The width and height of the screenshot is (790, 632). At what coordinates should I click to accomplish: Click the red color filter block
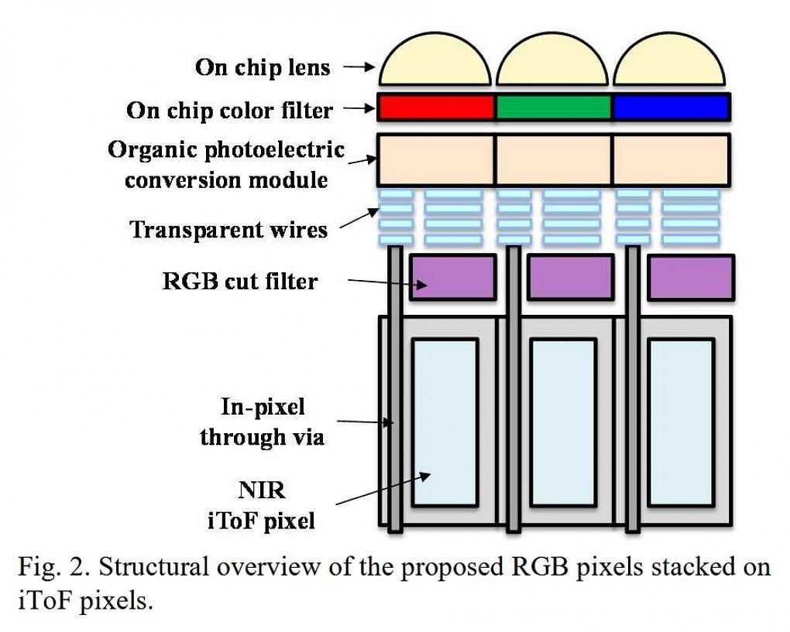pyautogui.click(x=436, y=108)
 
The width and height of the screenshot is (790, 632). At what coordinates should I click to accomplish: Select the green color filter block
pyautogui.click(x=553, y=108)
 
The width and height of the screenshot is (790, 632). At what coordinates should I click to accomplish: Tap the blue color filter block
pyautogui.click(x=671, y=108)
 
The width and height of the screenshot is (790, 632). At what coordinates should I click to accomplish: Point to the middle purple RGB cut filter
pyautogui.click(x=570, y=277)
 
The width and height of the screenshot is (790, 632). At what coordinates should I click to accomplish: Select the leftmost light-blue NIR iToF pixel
pyautogui.click(x=444, y=422)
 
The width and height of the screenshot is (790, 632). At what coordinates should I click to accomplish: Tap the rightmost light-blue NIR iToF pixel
pyautogui.click(x=680, y=422)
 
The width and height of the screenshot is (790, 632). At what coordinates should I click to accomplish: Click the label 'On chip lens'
pyautogui.click(x=263, y=67)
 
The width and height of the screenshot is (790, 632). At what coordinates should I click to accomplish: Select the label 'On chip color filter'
pyautogui.click(x=230, y=110)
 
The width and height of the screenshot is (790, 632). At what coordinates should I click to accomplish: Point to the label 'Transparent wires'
pyautogui.click(x=228, y=230)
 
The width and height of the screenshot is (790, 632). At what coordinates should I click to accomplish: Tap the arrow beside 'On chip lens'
pyautogui.click(x=359, y=67)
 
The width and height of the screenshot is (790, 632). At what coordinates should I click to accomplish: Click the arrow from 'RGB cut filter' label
pyautogui.click(x=386, y=283)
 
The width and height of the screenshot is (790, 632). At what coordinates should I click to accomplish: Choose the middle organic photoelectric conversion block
pyautogui.click(x=553, y=159)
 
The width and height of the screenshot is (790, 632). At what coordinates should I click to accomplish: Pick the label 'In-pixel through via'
pyautogui.click(x=262, y=422)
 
